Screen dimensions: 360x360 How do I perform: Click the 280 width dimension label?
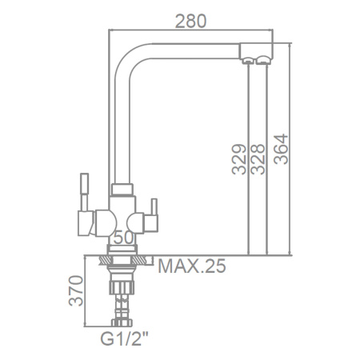190,22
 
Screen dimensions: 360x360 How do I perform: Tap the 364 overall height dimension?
281,149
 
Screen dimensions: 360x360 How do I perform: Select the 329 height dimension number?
238,159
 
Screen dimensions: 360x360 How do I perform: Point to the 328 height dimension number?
258,159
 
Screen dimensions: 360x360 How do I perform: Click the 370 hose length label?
76,290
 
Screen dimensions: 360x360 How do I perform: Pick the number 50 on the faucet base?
123,238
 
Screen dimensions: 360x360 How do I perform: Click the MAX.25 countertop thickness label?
192,266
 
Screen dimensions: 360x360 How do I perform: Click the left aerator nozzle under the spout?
248,61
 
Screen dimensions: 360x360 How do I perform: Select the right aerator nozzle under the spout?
263,60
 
